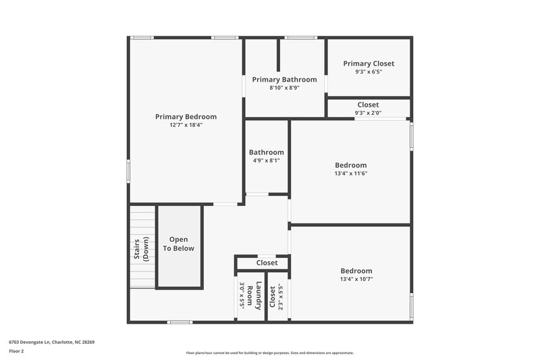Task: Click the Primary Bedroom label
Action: [186, 117]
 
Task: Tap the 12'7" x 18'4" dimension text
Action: [186, 125]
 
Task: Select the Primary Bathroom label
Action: [284, 80]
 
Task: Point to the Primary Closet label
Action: [369, 63]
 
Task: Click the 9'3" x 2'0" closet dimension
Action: [368, 113]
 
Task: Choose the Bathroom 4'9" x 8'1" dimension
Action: [266, 161]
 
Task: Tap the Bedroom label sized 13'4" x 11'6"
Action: [350, 165]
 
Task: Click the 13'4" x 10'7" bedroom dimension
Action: [356, 279]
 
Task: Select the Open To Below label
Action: [178, 244]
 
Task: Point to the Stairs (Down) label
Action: [141, 249]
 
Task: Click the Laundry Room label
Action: [254, 295]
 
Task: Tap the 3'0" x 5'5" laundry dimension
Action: [242, 295]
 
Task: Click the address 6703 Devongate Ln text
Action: [51, 342]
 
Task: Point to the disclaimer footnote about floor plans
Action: [269, 353]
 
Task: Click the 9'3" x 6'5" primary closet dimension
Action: [369, 72]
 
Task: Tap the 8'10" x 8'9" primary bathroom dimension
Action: [284, 88]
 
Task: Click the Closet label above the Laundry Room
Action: [267, 263]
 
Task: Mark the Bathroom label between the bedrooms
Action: [266, 153]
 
